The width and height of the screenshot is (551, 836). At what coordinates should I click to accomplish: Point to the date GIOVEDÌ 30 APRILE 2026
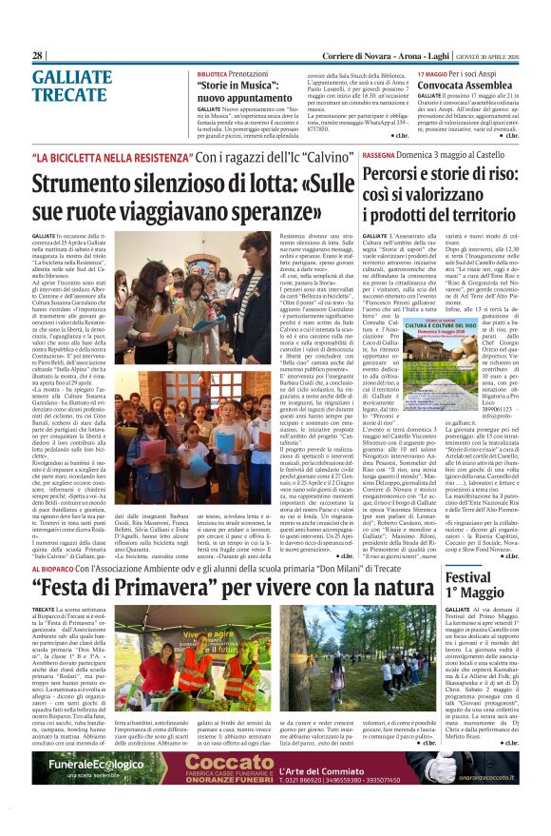point(484,56)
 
